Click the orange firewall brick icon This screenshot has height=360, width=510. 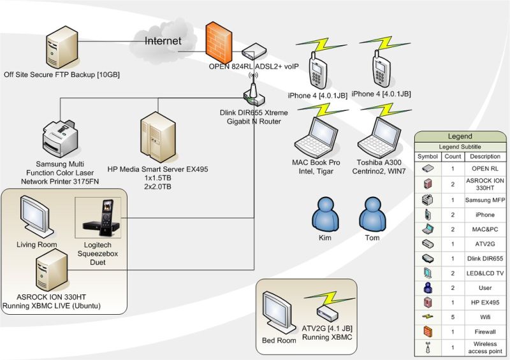(221, 42)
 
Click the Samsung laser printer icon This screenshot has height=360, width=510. (61, 136)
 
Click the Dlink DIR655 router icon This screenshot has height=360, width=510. (254, 95)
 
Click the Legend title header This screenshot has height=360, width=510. (459, 136)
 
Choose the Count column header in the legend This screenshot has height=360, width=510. (453, 157)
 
